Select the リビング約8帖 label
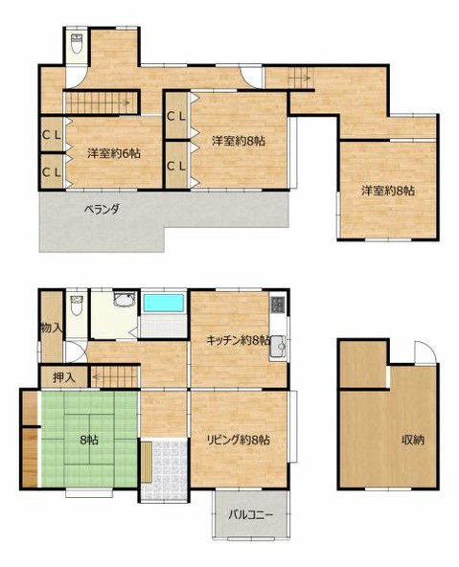238,441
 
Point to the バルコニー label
251,514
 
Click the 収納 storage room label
413,441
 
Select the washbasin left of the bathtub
123,304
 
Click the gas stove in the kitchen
277,306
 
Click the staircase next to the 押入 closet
109,377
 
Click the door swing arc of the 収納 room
420,353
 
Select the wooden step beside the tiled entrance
146,462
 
